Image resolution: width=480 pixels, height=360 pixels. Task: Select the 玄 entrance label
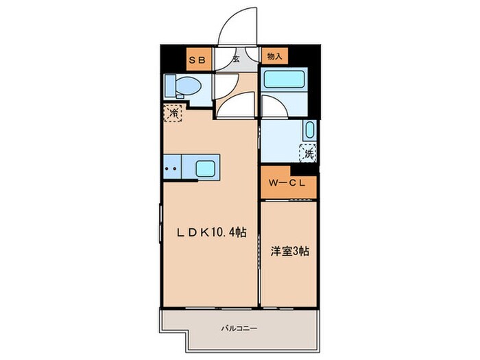click(x=236, y=59)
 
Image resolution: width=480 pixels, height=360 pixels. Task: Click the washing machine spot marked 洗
click(x=308, y=154)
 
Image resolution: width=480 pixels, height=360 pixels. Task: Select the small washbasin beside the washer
click(x=309, y=130)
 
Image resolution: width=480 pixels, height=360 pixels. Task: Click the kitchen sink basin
click(x=206, y=167)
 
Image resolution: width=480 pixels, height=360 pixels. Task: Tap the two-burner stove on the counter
click(x=171, y=167)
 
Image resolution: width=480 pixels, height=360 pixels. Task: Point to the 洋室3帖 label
click(x=288, y=252)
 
